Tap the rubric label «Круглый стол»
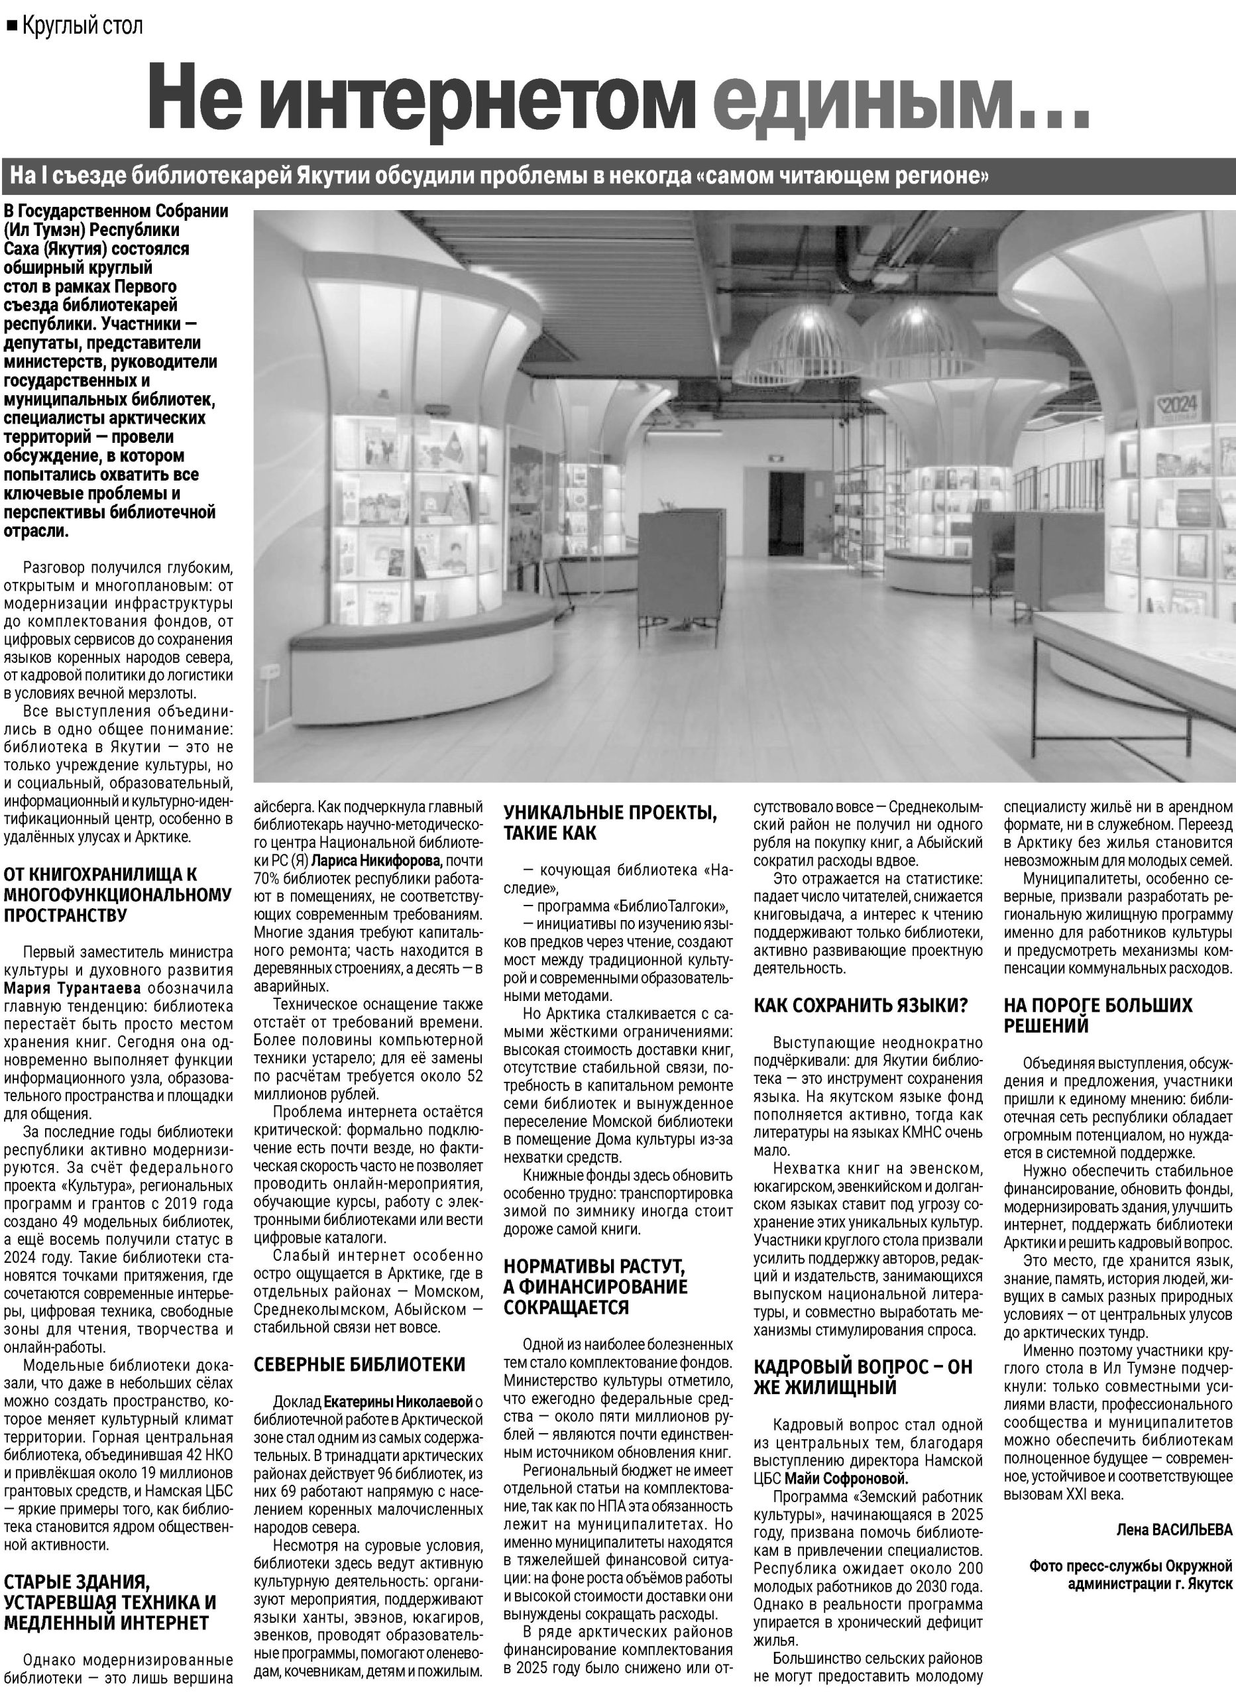pyautogui.click(x=82, y=27)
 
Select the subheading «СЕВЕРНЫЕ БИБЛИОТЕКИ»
pyautogui.click(x=359, y=1365)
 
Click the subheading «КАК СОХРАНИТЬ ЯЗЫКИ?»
pyautogui.click(x=860, y=1006)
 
